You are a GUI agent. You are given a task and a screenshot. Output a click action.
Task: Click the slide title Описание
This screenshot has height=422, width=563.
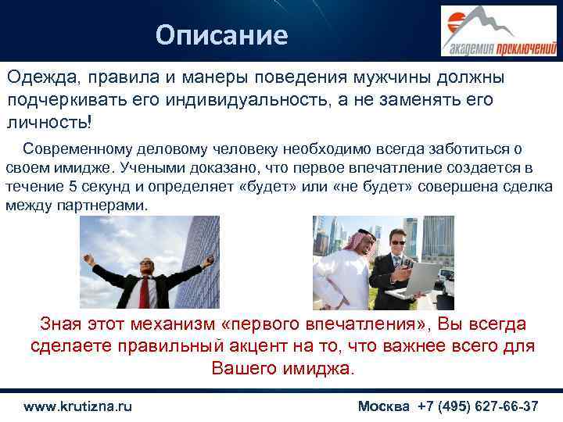(x=221, y=35)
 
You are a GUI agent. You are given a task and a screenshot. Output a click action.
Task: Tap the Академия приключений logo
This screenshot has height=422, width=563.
(x=498, y=31)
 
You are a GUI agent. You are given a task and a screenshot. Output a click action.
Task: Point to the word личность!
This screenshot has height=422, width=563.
(x=49, y=123)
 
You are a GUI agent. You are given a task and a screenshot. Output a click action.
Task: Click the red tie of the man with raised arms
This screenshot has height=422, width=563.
(x=145, y=291)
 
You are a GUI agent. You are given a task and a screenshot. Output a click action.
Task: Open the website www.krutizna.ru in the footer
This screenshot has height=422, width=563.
(x=77, y=406)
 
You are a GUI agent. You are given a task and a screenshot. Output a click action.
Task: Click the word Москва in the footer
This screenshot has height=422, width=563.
(x=383, y=406)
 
